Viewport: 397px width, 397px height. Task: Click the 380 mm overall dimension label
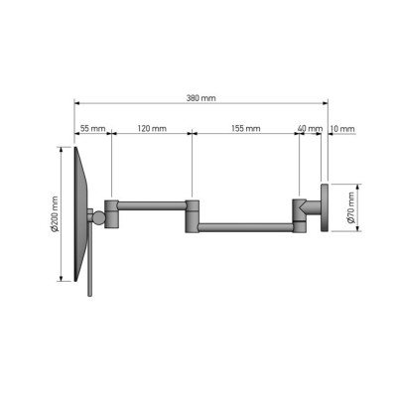(x=200, y=98)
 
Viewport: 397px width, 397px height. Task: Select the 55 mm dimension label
(x=93, y=128)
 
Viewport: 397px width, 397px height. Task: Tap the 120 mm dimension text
(x=152, y=128)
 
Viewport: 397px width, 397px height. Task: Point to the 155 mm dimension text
(x=246, y=128)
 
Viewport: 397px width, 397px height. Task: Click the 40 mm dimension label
(x=310, y=128)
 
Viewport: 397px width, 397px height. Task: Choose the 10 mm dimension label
(x=342, y=128)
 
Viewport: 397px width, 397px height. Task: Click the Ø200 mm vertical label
(x=55, y=214)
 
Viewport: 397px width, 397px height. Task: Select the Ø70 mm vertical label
(x=351, y=207)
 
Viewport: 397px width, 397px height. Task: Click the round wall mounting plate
(x=324, y=207)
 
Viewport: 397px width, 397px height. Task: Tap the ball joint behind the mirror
(x=98, y=217)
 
